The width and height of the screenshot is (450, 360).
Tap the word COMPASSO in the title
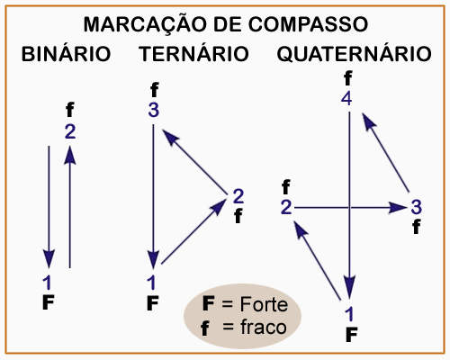pos(308,24)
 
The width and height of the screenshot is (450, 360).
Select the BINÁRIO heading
pos(67,53)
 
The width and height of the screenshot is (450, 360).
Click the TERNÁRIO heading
pos(193,53)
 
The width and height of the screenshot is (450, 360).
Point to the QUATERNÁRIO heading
pos(354,54)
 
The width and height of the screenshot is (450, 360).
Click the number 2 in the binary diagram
pos(70,131)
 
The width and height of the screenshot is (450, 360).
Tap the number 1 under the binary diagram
pos(47,283)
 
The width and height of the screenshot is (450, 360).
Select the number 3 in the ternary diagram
pos(154,110)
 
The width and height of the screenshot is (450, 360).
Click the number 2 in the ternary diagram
pos(238,196)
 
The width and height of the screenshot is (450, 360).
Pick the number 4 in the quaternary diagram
pos(346,99)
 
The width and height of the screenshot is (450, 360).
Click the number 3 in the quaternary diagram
pos(417,207)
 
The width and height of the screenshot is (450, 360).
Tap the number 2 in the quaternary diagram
pos(286,207)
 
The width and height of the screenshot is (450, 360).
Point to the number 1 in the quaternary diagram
pos(349,314)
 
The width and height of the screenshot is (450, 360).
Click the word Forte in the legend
pos(264,304)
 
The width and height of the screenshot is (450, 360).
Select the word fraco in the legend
pos(264,327)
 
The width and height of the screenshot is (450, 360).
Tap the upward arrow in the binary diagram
pos(70,207)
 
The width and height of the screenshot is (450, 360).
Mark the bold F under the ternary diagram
pos(153,303)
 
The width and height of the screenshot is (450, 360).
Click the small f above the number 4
pos(347,78)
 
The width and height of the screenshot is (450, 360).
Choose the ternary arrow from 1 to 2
pos(193,231)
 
